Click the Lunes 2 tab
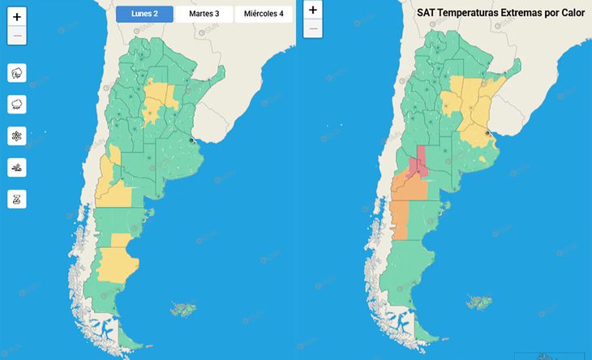pyautogui.click(x=144, y=14)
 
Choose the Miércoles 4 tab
pyautogui.click(x=264, y=14)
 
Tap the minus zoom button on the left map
pyautogui.click(x=17, y=36)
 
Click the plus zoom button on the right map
pyautogui.click(x=313, y=10)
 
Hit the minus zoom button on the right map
pyautogui.click(x=313, y=29)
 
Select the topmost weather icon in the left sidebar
pyautogui.click(x=17, y=73)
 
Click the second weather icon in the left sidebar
pyautogui.click(x=17, y=105)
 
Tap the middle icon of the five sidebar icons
pyautogui.click(x=17, y=135)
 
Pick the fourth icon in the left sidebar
pyautogui.click(x=17, y=167)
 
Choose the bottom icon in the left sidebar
pyautogui.click(x=17, y=199)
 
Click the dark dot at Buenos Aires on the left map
pyautogui.click(x=192, y=140)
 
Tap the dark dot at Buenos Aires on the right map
pyautogui.click(x=487, y=133)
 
